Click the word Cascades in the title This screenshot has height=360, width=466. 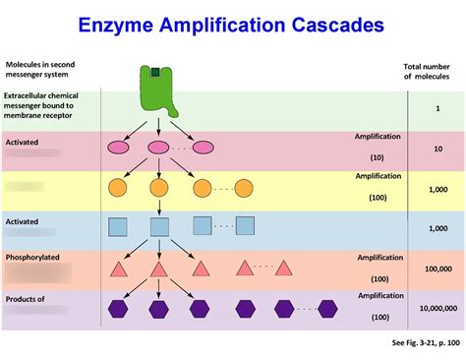pos(331,24)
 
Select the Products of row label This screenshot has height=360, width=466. pos(27,298)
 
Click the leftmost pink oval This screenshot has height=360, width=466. pos(117,148)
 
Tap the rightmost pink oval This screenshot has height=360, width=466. pos(203,148)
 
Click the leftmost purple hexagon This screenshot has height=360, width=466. pos(118,308)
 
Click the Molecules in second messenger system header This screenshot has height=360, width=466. pos(39,69)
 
